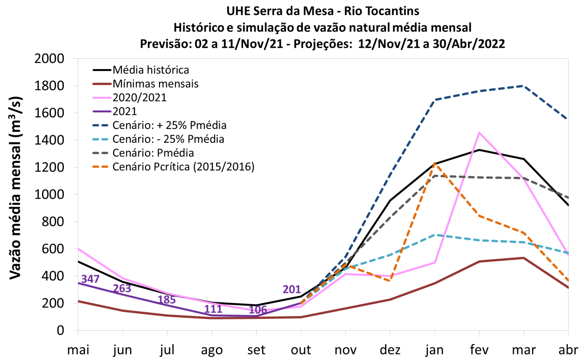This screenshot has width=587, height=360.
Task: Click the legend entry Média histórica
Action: click(x=151, y=70)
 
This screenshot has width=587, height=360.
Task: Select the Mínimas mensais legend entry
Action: click(x=155, y=84)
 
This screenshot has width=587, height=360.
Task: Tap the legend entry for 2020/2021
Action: click(x=139, y=98)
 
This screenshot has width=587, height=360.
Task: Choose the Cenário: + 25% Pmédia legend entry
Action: click(x=169, y=125)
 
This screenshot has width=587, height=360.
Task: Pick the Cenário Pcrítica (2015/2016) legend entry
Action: click(x=183, y=167)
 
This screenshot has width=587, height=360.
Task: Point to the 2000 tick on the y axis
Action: click(x=49, y=59)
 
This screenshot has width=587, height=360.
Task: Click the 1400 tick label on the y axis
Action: click(x=49, y=140)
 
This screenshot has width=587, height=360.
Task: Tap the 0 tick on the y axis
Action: click(x=60, y=330)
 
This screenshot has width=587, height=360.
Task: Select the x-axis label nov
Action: click(x=346, y=350)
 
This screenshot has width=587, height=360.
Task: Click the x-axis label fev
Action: click(x=479, y=350)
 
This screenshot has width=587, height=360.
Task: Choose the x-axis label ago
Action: click(x=212, y=350)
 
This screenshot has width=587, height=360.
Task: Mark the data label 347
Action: click(x=90, y=279)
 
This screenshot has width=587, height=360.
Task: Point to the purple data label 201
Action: click(x=292, y=289)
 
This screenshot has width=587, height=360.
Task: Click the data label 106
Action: click(x=258, y=310)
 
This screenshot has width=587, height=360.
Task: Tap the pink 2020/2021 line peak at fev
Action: click(x=479, y=133)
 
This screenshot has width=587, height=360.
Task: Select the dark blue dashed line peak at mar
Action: click(x=524, y=86)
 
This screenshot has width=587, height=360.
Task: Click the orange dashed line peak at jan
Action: click(x=435, y=163)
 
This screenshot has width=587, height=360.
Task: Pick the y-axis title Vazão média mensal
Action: click(x=15, y=188)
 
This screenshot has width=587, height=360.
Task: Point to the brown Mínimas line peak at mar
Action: click(x=524, y=258)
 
